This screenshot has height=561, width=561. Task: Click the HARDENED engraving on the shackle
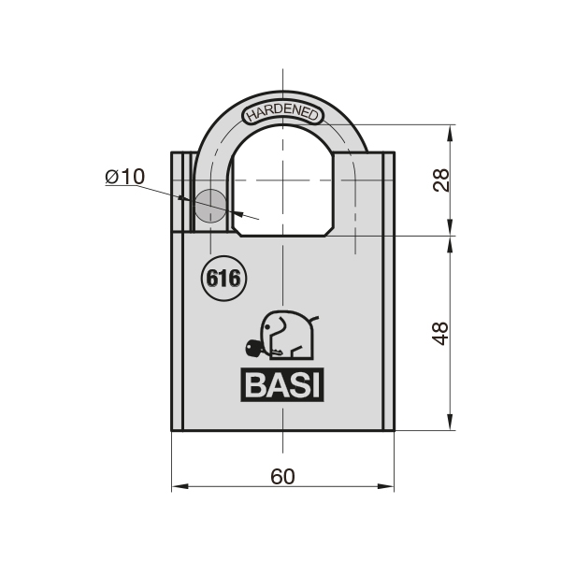pos(283,114)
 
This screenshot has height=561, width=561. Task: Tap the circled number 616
pos(223,278)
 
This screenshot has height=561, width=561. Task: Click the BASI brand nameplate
pos(283,385)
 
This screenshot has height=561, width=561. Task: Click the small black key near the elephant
pos(254,350)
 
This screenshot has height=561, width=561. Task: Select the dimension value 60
pos(282,475)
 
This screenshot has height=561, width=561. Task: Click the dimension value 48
pos(440,333)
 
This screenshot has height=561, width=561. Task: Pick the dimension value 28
pos(440,180)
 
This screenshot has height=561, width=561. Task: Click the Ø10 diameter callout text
pos(124,176)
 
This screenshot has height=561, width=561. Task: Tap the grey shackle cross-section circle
pos(210,206)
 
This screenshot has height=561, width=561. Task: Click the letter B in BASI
pos(256,385)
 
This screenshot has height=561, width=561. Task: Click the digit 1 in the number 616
pos(223,278)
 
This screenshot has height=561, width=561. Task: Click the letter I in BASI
pos(315,385)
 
